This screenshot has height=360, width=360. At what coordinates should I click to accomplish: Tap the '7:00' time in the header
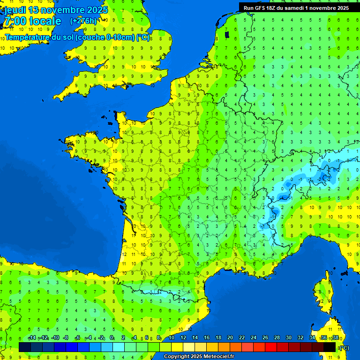coord(15,21)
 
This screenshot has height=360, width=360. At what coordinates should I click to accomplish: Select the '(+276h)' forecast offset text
coord(83,21)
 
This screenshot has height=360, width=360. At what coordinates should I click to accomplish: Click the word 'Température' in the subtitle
coord(29,37)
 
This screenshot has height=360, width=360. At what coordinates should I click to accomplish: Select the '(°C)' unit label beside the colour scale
coord(344,348)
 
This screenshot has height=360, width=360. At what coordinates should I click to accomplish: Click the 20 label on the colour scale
coord(230,338)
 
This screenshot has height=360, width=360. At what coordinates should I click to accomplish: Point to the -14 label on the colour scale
coord(32,338)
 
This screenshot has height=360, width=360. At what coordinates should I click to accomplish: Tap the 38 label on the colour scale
coord(335,338)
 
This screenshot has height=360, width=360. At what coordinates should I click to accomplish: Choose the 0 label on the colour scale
coord(112,338)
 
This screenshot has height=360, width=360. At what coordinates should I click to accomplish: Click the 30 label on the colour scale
coord(289,338)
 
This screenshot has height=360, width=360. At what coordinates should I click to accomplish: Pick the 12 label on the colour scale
coord(183,338)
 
